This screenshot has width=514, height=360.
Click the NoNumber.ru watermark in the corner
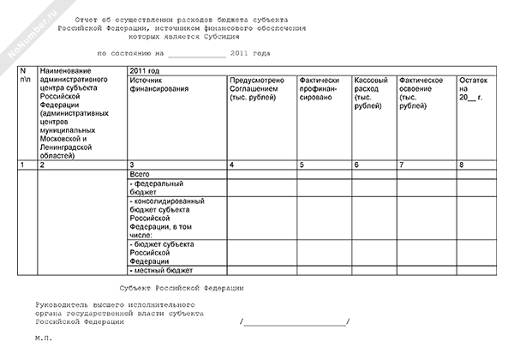coord(23,35)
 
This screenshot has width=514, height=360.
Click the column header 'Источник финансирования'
coord(158,86)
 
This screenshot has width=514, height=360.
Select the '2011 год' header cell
coord(144,69)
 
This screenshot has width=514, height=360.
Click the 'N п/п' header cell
coord(23,75)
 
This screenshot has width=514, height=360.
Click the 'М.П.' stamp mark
coord(44,339)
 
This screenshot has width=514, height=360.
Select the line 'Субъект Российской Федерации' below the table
coord(182,288)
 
